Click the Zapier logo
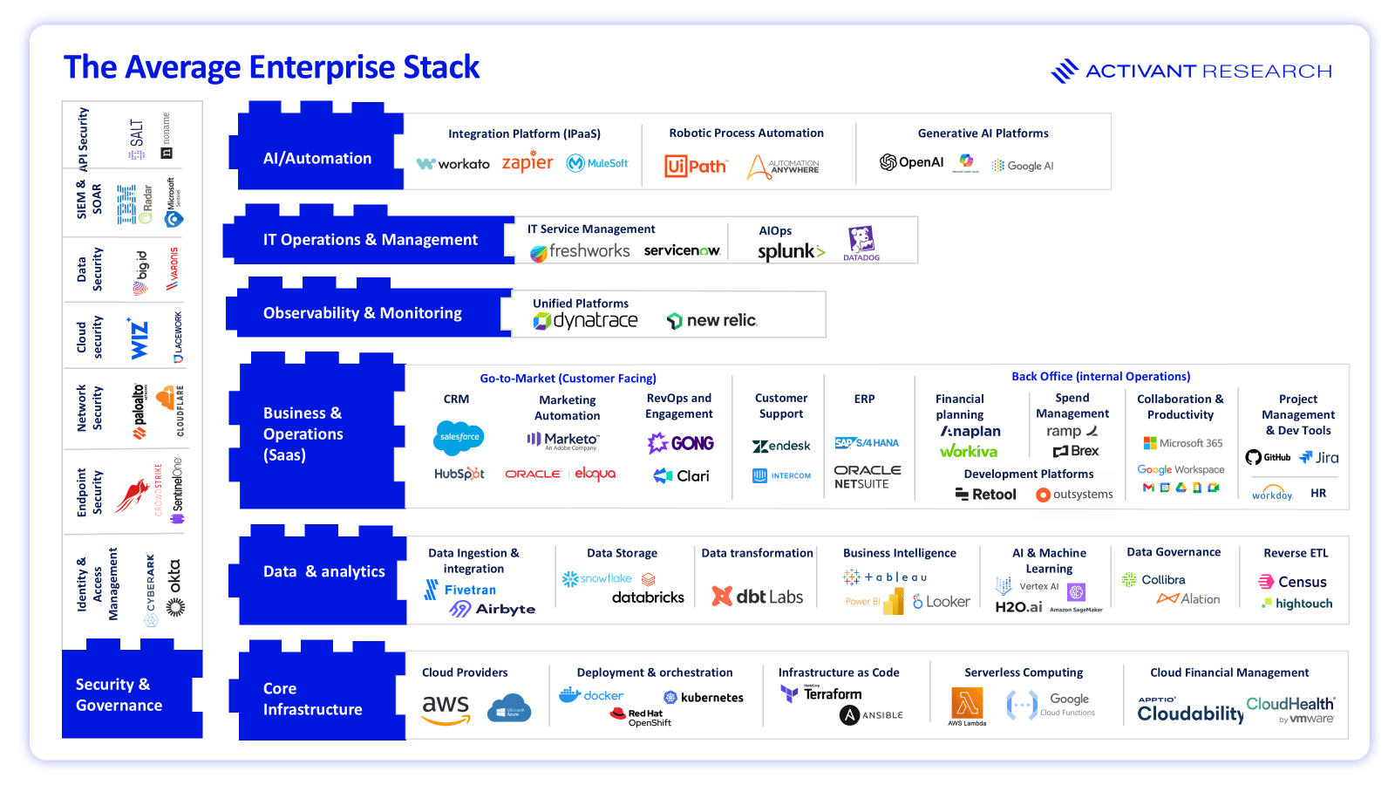527,162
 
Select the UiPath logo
695,166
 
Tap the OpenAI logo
912,162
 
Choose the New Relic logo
712,320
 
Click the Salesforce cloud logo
459,437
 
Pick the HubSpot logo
459,474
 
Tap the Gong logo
681,443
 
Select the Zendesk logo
781,446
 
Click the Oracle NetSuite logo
867,476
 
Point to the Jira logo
1318,457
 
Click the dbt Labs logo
757,597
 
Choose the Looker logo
941,601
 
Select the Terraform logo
822,693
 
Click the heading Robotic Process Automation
746,133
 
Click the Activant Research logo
1191,71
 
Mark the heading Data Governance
1174,552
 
